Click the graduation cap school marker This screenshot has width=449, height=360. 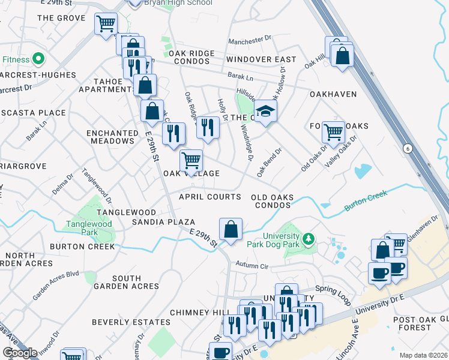click(265, 111)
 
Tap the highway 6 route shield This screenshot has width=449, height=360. click(408, 148)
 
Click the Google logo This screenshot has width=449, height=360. click(20, 353)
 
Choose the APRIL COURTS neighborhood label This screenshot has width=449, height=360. click(210, 197)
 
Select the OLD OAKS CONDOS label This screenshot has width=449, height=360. click(271, 201)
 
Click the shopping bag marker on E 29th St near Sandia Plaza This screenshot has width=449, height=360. click(231, 229)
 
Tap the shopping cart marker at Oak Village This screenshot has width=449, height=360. click(191, 161)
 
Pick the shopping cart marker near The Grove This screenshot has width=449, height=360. click(106, 25)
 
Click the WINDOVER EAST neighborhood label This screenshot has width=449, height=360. click(261, 59)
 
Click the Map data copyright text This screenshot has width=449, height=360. click(424, 355)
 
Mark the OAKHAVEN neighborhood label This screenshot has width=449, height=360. click(333, 94)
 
